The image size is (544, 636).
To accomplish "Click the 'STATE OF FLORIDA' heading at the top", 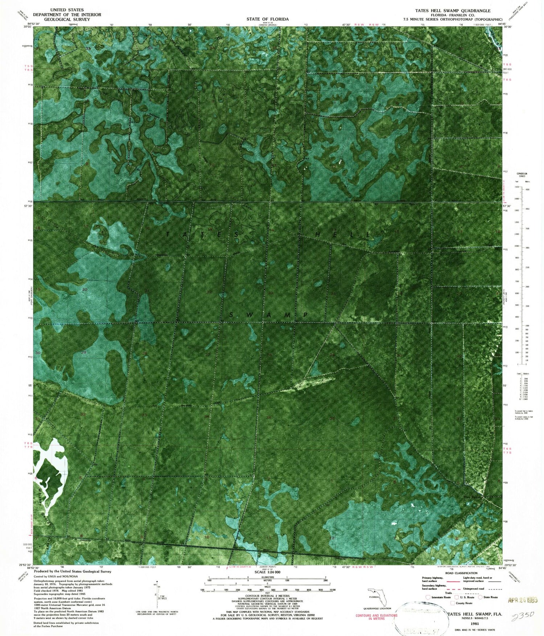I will pyautogui.click(x=267, y=19).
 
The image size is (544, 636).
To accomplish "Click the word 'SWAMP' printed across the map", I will pyautogui.click(x=269, y=315).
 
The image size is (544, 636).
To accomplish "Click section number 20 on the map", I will pyautogui.click(x=85, y=289).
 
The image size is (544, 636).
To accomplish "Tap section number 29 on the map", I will pyautogui.click(x=84, y=352).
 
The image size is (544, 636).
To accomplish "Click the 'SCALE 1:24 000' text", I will pyautogui.click(x=268, y=572).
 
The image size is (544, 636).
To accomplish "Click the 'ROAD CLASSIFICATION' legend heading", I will pyautogui.click(x=461, y=573).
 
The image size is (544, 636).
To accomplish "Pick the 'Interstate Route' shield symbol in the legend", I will pyautogui.click(x=428, y=597).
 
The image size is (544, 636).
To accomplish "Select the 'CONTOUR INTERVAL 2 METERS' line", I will pyautogui.click(x=268, y=596).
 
